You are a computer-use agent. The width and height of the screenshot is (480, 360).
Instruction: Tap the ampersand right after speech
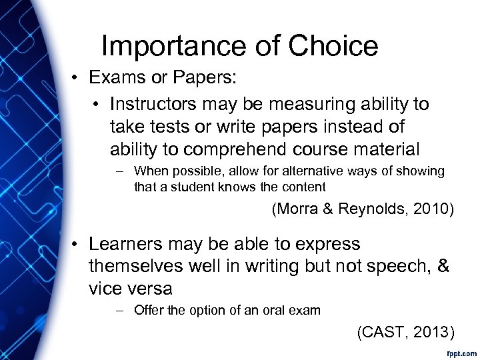coord(442,266)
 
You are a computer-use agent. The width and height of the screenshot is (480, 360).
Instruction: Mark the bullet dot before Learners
coord(77,245)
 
